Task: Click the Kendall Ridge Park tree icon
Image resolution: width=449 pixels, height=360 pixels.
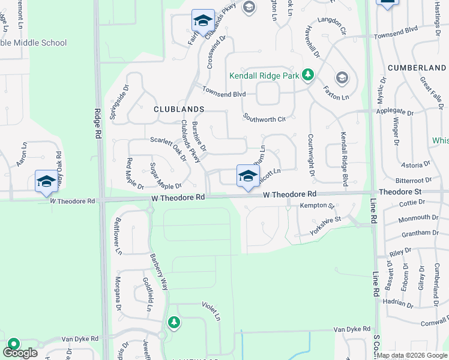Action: pos(308,75)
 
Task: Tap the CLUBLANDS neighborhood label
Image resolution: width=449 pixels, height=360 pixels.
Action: pos(179,109)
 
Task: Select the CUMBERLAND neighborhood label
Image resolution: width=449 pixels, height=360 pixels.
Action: pos(416,68)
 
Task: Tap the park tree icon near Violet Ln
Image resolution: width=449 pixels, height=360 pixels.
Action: pos(174,323)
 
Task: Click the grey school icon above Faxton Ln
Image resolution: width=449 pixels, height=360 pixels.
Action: pos(342,77)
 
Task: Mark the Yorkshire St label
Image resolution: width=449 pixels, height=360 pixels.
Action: pos(325,226)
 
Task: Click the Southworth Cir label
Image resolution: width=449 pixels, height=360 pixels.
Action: pos(264,118)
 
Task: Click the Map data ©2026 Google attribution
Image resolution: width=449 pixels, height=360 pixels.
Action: pos(412,355)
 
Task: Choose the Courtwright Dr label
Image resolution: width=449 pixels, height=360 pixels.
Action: pos(312,154)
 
